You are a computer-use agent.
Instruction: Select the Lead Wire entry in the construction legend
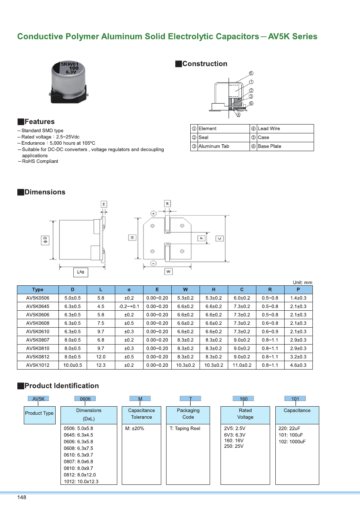(268, 129)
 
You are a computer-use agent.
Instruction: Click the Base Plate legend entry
(269, 146)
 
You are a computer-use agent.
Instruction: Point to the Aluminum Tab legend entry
(214, 146)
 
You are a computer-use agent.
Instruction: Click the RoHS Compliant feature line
(40, 161)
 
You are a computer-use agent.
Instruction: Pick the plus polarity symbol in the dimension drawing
(154, 213)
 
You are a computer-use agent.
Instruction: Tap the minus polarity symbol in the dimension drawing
(154, 264)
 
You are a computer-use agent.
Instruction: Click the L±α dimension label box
(81, 272)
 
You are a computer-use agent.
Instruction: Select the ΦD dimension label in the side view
(45, 240)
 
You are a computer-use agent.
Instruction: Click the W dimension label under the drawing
(169, 272)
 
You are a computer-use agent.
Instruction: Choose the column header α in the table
(129, 289)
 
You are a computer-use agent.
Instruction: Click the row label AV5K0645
(37, 306)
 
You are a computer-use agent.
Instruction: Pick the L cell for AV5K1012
(101, 365)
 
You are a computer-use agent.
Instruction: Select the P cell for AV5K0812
(298, 357)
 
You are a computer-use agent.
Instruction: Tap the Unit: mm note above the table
(302, 283)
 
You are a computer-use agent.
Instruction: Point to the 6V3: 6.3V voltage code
(235, 435)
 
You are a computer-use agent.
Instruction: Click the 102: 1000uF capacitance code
(292, 441)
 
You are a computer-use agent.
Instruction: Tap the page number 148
(22, 498)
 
